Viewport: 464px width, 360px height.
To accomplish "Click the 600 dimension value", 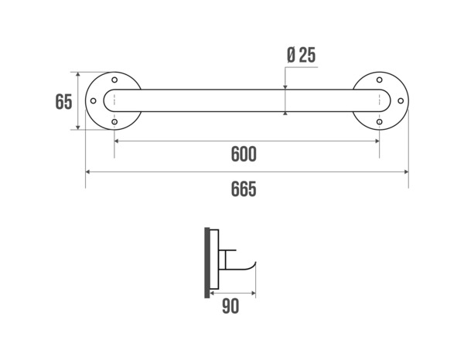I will [x=244, y=155].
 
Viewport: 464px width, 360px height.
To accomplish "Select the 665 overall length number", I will [x=244, y=188].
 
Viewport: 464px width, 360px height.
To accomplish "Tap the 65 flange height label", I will [x=63, y=101].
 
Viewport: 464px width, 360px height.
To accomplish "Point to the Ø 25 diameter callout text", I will [x=300, y=56].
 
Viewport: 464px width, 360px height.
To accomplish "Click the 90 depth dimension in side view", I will [x=230, y=307].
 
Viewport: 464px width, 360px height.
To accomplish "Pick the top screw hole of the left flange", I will [x=114, y=80].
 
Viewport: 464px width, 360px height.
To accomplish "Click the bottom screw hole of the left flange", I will [x=114, y=122].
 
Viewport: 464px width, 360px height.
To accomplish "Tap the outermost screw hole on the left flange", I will [x=94, y=101].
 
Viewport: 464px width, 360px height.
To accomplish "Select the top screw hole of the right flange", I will [x=379, y=80].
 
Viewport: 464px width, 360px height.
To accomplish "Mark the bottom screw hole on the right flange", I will [x=379, y=122].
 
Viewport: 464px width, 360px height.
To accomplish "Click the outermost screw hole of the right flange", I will [x=400, y=101].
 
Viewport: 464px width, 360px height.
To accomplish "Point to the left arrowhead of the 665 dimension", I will [x=88, y=172].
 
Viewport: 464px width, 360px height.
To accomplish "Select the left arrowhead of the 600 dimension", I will [x=118, y=141].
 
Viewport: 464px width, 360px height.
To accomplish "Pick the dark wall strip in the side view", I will [x=206, y=262].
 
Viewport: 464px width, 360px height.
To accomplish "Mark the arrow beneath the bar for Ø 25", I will [x=285, y=114].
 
